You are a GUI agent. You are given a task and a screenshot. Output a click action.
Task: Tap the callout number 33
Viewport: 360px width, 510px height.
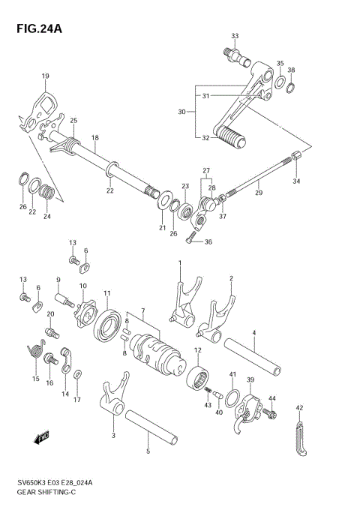pos(235,36)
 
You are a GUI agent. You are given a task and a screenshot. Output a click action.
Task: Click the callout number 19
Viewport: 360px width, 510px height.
pos(45,76)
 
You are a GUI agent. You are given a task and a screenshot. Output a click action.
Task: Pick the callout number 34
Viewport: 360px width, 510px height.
pos(295,181)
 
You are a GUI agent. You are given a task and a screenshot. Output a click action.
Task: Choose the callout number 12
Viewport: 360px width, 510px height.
pos(197,350)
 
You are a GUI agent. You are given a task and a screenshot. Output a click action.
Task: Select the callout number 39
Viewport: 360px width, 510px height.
pos(250,380)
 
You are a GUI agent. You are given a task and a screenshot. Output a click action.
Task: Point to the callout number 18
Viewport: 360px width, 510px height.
pos(94,138)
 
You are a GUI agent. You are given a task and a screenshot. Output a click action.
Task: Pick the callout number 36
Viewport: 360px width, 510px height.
pos(208,241)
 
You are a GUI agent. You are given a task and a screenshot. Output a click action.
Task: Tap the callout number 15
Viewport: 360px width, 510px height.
pos(35,379)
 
